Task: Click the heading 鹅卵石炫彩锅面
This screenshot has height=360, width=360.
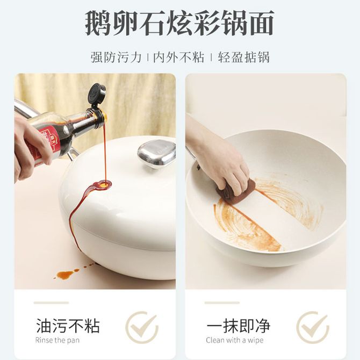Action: [180, 23]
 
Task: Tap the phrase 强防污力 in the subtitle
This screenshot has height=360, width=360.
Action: [116, 57]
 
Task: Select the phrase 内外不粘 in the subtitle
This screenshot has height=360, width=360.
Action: [178, 57]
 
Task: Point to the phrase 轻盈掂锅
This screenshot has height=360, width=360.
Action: [243, 57]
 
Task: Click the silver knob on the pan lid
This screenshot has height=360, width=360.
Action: [156, 153]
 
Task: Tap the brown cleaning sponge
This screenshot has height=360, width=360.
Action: [236, 191]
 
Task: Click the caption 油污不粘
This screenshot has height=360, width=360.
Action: [68, 326]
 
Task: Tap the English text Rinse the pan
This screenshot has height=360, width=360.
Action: [57, 340]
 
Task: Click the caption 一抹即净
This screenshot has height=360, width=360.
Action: [239, 326]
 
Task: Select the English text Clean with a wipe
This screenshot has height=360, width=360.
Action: [235, 340]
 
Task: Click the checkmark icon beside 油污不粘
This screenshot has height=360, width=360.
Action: [142, 327]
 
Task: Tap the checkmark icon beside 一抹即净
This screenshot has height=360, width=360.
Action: [313, 327]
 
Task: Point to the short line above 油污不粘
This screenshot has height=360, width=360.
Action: [51, 303]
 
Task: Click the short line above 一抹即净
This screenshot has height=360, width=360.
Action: [222, 303]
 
